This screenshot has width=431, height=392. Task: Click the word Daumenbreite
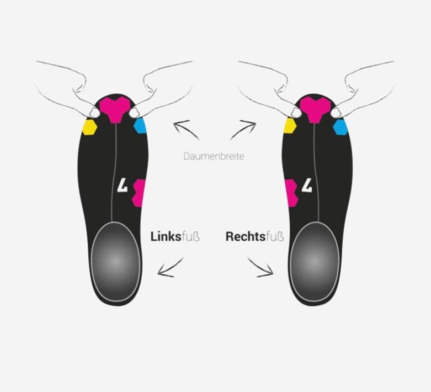pyautogui.click(x=214, y=156)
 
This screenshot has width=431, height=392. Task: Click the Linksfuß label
pyautogui.click(x=175, y=236)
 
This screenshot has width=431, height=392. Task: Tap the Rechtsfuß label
pyautogui.click(x=254, y=236)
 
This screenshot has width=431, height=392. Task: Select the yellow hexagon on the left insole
pyautogui.click(x=89, y=127)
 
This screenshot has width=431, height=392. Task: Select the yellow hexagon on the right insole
pyautogui.click(x=289, y=126)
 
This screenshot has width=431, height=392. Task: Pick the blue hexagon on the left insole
pyautogui.click(x=141, y=125)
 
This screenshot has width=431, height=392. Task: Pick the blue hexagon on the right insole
pyautogui.click(x=340, y=128)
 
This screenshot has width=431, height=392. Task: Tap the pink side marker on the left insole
pyautogui.click(x=139, y=193)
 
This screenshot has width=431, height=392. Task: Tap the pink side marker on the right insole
pyautogui.click(x=291, y=193)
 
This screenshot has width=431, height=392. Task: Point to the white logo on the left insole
pyautogui.click(x=123, y=185)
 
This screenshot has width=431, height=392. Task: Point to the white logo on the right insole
pyautogui.click(x=307, y=185)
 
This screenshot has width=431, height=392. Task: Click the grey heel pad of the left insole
pyautogui.click(x=116, y=262)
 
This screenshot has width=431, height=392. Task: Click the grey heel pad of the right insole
pyautogui.click(x=315, y=262)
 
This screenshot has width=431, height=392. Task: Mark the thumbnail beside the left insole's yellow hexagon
pyautogui.click(x=94, y=113)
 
